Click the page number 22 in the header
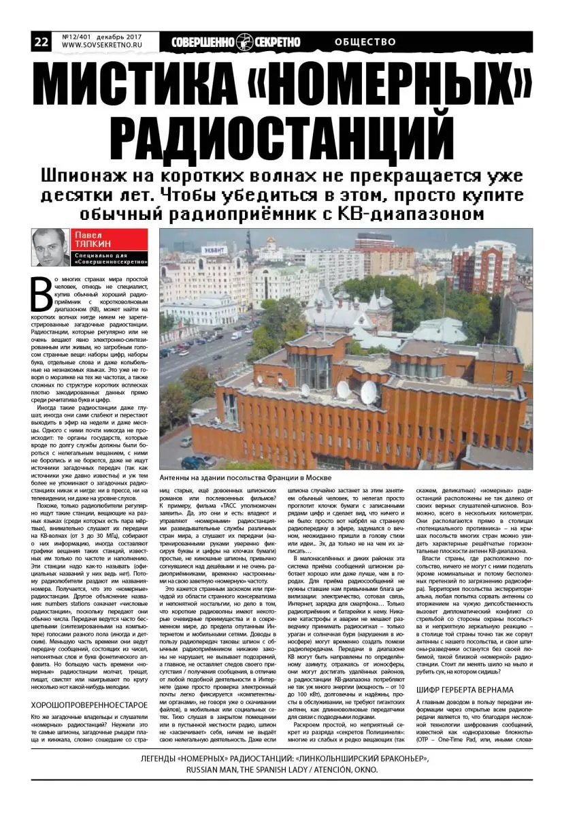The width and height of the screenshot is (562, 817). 40,42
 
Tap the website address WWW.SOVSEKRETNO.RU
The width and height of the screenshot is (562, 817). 100,47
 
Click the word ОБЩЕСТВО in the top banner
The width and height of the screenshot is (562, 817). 365,42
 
